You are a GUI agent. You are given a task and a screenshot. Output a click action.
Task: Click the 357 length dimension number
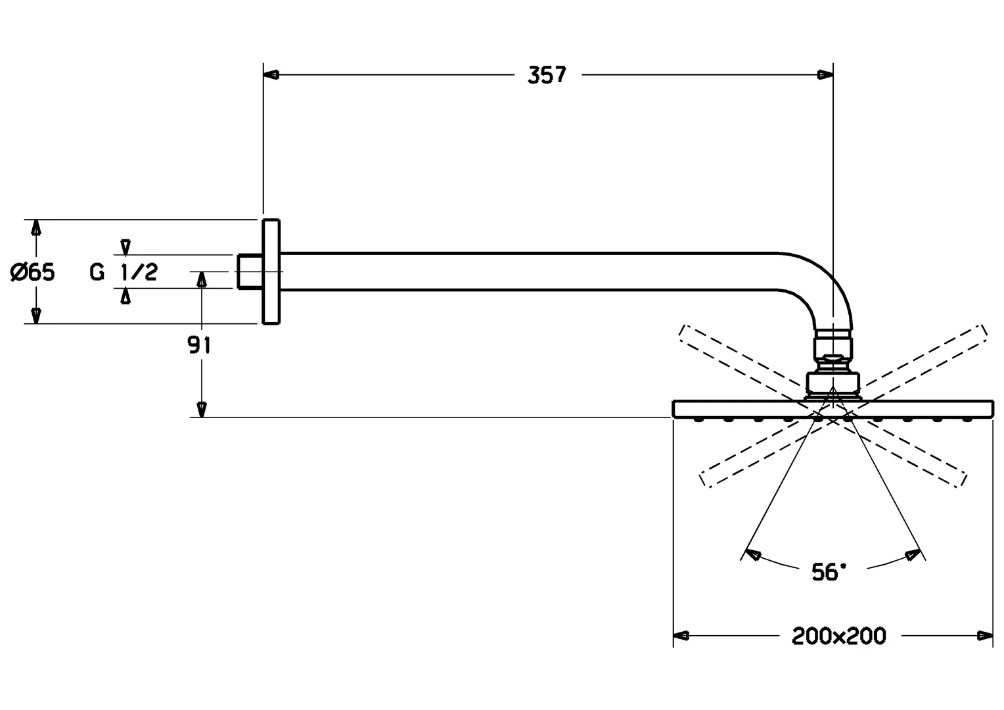tap(547, 75)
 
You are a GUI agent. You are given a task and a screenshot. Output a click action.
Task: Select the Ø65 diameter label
tap(33, 272)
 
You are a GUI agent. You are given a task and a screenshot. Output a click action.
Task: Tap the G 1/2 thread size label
tap(124, 272)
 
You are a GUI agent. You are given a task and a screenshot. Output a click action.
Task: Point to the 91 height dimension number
tap(199, 345)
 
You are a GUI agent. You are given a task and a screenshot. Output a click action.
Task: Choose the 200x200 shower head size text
tap(838, 636)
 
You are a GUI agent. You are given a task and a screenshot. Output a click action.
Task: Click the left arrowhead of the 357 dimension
tap(271, 75)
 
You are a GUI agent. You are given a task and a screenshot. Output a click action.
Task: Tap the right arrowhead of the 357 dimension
tap(825, 75)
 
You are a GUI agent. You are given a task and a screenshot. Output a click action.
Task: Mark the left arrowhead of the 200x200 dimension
tap(681, 636)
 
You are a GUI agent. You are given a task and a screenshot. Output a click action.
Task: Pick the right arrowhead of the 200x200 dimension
tap(985, 636)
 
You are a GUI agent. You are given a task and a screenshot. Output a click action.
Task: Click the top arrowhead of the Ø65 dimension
tap(37, 227)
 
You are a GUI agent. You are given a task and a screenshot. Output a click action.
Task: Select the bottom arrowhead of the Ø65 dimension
tap(37, 316)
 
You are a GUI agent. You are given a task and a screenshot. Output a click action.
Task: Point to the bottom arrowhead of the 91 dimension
tap(202, 409)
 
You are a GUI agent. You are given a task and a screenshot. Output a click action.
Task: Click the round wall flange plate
tap(271, 272)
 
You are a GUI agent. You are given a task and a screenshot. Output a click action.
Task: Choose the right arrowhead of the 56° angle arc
tap(912, 555)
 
